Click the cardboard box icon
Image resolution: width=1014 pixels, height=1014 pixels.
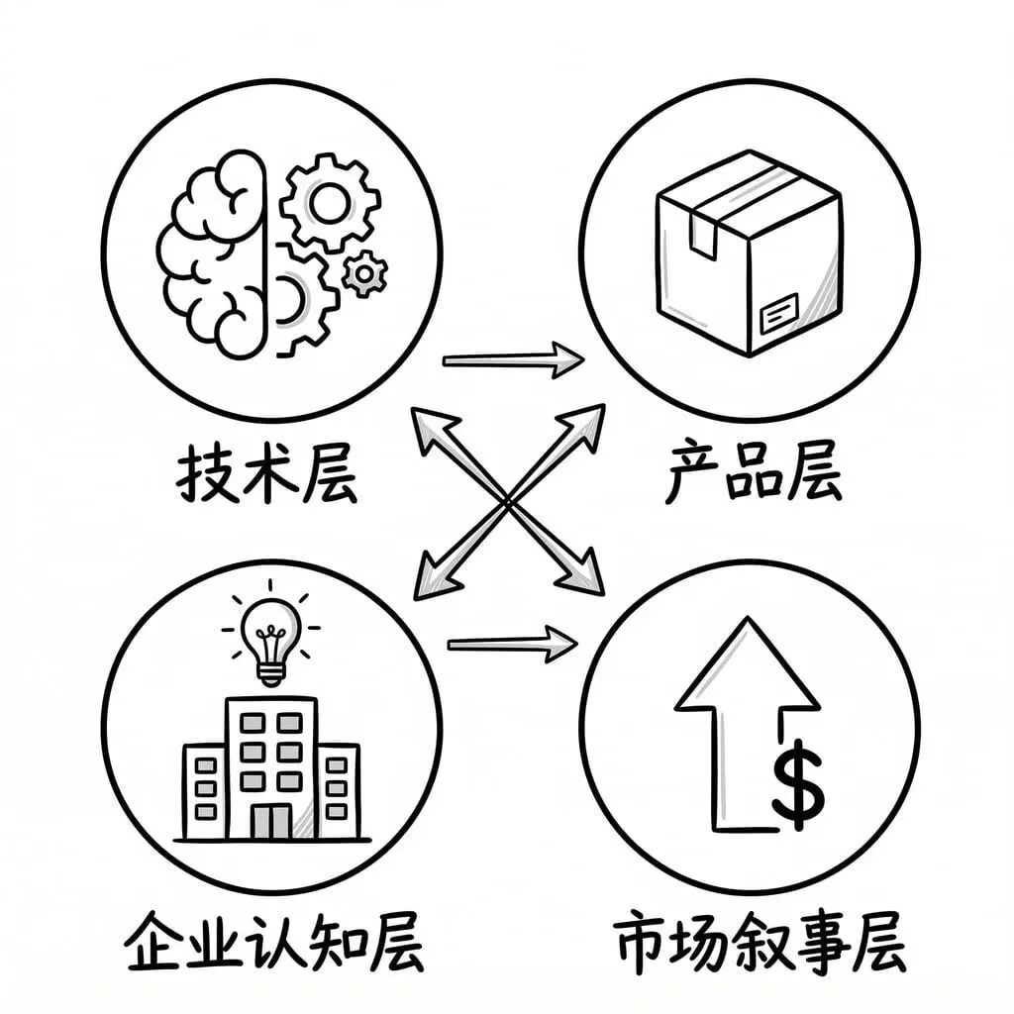[x=749, y=253]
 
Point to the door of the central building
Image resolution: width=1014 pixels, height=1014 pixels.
[x=270, y=821]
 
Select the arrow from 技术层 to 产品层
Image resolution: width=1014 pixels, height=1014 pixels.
[x=512, y=359]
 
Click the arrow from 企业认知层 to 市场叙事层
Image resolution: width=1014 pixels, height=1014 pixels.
[x=511, y=646]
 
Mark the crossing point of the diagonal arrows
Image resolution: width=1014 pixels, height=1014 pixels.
[x=508, y=502]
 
